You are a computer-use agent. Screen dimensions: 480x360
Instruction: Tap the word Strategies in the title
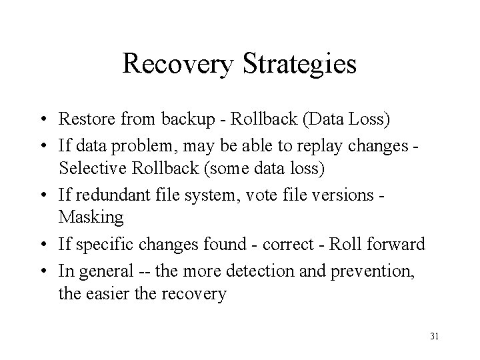[x=303, y=65]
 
